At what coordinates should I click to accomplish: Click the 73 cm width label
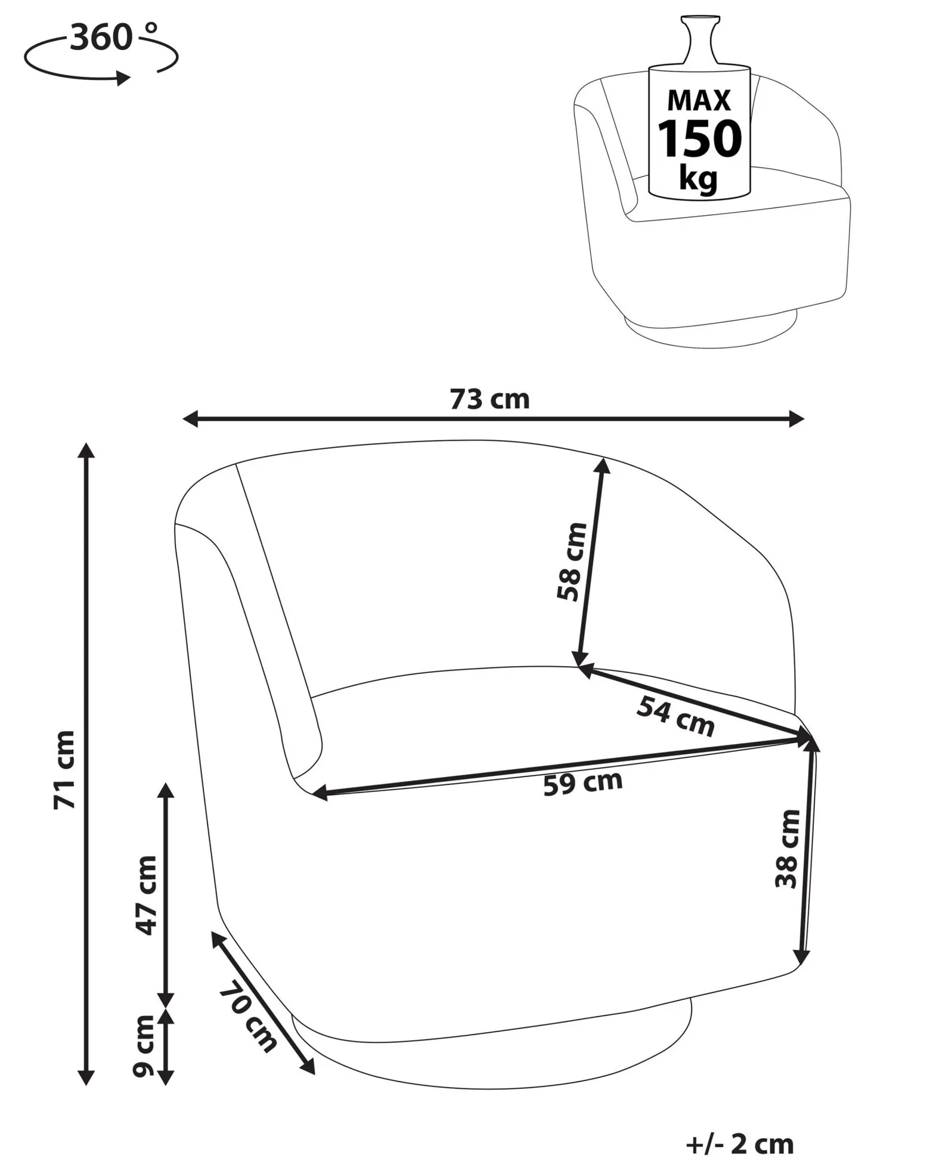coord(489,399)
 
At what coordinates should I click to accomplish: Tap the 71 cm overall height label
coord(65,769)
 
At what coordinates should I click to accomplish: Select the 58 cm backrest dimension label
coord(572,562)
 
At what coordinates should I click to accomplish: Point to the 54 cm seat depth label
coord(675,717)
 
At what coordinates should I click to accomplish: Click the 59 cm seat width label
coord(583,783)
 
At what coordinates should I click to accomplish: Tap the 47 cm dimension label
coord(145,895)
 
